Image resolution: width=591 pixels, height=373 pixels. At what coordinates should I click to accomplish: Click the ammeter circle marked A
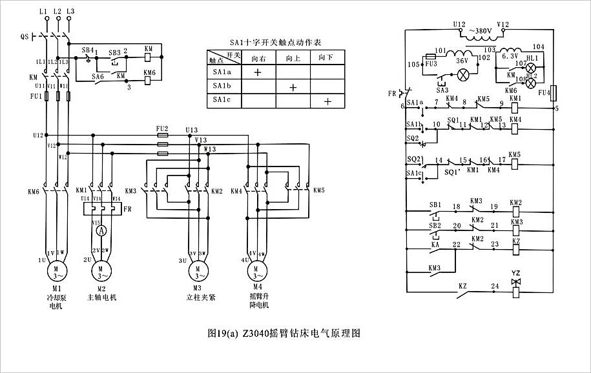coord(101,230)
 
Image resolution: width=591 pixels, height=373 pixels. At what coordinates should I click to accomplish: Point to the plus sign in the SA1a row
coord(257,72)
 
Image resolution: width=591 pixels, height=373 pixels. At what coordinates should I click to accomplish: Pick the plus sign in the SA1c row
coord(327,101)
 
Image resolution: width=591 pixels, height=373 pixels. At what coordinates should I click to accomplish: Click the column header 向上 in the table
coord(293,57)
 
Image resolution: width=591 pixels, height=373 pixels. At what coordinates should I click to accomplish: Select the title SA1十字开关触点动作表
coord(276,42)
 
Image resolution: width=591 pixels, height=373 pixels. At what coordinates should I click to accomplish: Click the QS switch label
coord(25,37)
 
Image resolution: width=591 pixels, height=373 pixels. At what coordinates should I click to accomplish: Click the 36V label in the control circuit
coord(462,61)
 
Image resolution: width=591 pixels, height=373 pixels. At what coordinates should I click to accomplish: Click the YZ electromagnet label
coord(515,273)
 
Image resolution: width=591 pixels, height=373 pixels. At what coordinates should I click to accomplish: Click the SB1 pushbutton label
coord(435,205)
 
